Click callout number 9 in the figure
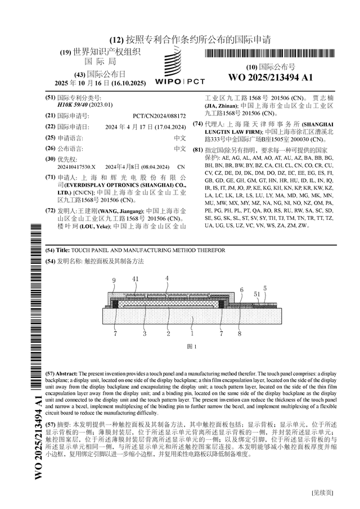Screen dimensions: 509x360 click(x=114, y=280)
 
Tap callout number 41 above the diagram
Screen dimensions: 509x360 click(x=136, y=279)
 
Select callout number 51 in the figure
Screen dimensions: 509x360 click(x=256, y=294)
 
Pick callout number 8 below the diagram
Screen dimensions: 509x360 click(x=238, y=334)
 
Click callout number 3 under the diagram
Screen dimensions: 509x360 click(x=145, y=334)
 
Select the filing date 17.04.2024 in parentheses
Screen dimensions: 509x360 click(x=167, y=127)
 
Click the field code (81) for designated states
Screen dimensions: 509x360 click(x=197, y=150)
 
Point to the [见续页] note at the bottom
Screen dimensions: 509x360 click(x=322, y=493)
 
